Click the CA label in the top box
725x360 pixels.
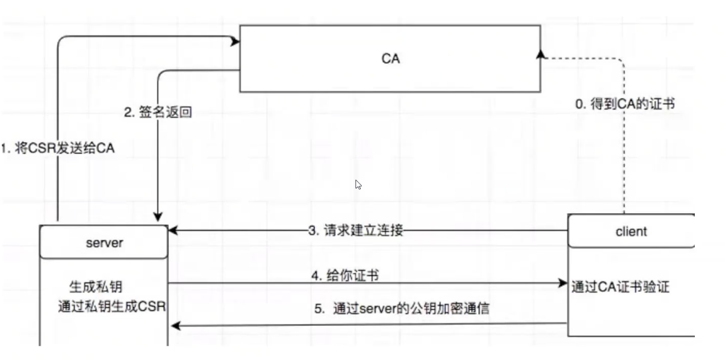coord(390,58)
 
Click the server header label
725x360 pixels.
coord(104,243)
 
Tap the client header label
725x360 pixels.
coord(631,231)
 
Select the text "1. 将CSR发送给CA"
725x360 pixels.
coord(58,149)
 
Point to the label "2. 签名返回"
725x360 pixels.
coord(158,112)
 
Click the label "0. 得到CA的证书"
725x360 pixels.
coord(625,104)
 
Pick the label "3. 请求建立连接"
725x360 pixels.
coord(355,231)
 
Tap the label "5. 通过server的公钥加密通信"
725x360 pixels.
coord(402,309)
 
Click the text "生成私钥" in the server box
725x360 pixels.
coord(99,286)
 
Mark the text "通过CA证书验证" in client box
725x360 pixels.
coord(620,287)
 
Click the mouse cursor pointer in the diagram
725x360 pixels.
coord(358,184)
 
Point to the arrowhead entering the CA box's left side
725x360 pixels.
coord(235,42)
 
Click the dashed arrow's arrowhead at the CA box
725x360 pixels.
coord(541,54)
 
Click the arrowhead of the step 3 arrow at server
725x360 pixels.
coord(172,231)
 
